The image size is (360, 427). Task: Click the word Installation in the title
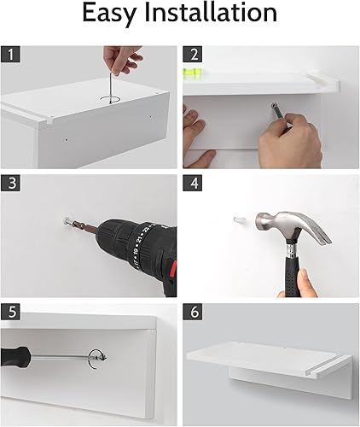pos(211,13)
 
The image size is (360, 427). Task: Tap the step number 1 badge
pos(10,54)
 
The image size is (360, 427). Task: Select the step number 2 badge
pos(193,54)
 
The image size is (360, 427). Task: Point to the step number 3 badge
pos(10,183)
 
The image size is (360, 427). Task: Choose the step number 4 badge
pos(193,183)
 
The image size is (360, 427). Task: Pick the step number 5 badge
pos(10,312)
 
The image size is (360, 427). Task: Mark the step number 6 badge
pos(193,312)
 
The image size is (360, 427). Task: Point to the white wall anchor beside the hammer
pos(239,220)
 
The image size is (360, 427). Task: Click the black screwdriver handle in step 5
pos(15,355)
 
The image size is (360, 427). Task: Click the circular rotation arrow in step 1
pos(110,99)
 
